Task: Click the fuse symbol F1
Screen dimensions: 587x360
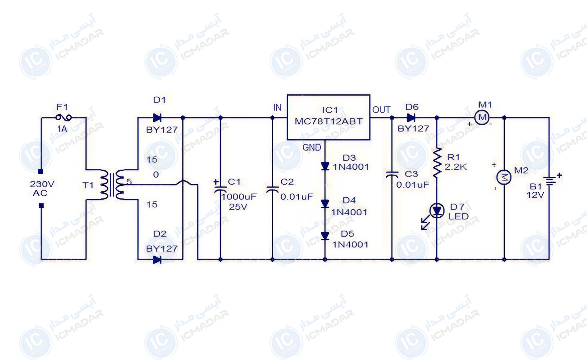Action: [x=63, y=117]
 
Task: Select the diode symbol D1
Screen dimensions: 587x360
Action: [x=157, y=117]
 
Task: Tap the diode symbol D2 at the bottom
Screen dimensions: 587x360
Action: [x=157, y=259]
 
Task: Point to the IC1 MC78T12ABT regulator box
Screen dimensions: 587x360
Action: [x=328, y=117]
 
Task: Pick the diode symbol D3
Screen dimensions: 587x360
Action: [x=325, y=166]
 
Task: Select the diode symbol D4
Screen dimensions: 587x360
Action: [x=325, y=203]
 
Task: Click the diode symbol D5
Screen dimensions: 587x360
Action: [x=325, y=236]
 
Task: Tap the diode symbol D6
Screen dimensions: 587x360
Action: [x=411, y=117]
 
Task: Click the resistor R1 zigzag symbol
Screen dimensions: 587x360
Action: [x=437, y=162]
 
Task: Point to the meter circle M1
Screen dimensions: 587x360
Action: [x=482, y=117]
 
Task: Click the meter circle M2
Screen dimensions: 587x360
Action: [x=504, y=177]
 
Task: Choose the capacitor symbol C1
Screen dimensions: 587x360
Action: [x=220, y=188]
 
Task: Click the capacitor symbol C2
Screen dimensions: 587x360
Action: [x=273, y=190]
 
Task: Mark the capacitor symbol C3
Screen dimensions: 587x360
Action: [x=392, y=175]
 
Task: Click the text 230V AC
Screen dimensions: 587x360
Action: [x=42, y=188]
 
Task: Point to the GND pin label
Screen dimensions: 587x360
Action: [x=312, y=147]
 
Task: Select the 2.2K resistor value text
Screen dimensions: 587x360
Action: [x=456, y=167]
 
